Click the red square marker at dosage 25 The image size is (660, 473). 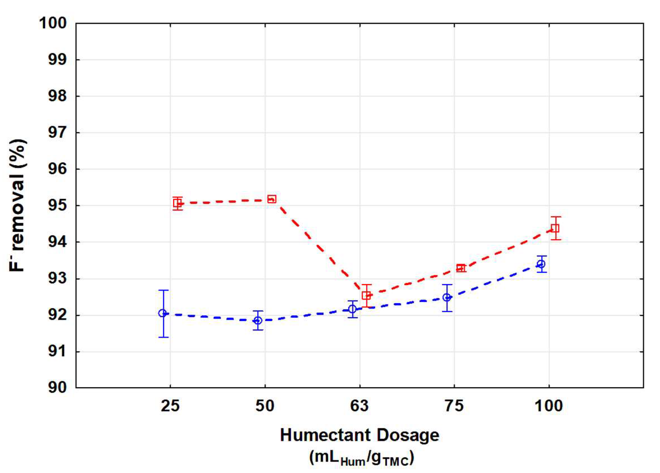(x=177, y=204)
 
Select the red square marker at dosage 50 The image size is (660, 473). (x=272, y=199)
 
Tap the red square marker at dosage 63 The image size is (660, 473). (x=366, y=295)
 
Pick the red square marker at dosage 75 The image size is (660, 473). (x=461, y=268)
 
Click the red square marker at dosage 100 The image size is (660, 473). (x=555, y=228)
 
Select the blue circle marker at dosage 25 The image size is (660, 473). (x=162, y=313)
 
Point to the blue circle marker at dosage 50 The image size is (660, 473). (x=258, y=320)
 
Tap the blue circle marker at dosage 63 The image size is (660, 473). (x=352, y=309)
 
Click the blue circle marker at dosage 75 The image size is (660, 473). (x=447, y=297)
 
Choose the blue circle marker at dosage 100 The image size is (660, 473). (x=541, y=264)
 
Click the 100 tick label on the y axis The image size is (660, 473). (x=53, y=23)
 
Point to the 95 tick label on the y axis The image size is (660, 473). (x=57, y=205)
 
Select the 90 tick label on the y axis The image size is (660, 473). (x=57, y=387)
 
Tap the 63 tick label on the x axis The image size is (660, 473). (x=359, y=406)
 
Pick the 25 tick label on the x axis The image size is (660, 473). (x=170, y=406)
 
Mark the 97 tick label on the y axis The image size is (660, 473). (x=57, y=132)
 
